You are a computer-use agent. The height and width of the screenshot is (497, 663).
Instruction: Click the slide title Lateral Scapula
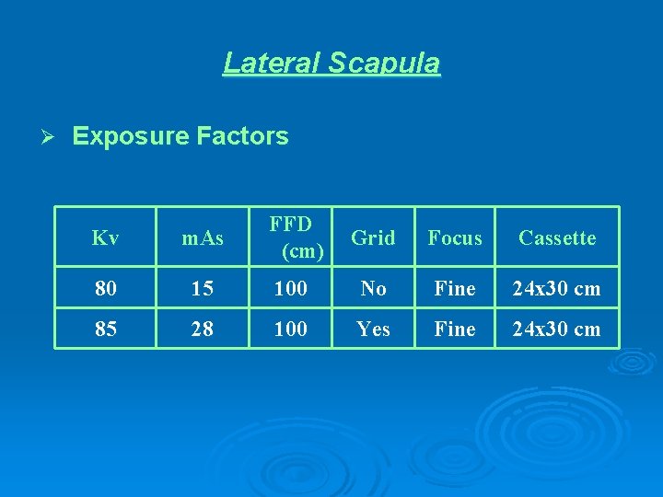(x=331, y=63)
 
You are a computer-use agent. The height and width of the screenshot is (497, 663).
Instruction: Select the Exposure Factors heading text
(x=180, y=136)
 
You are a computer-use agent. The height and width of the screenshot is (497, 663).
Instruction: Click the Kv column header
(x=106, y=237)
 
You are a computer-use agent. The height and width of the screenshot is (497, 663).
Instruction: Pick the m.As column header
(x=202, y=237)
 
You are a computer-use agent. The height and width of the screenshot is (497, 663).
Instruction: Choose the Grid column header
(x=373, y=237)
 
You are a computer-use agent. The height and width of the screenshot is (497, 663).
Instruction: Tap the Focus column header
(x=455, y=237)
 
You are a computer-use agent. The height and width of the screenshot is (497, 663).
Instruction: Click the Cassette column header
(x=557, y=237)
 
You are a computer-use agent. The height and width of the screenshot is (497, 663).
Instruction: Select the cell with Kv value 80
(x=106, y=288)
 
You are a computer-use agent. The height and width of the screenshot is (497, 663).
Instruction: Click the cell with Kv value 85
(x=106, y=329)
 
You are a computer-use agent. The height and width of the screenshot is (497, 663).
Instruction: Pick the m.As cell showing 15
(x=202, y=288)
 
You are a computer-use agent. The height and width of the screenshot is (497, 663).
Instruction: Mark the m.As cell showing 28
(x=202, y=329)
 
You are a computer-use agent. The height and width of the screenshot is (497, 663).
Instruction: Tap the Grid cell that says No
(x=373, y=288)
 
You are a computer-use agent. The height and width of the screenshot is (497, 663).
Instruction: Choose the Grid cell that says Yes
(x=373, y=329)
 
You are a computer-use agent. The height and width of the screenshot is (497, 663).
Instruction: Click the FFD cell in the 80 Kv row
(x=291, y=288)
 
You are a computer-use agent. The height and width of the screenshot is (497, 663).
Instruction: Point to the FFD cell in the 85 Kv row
(x=291, y=329)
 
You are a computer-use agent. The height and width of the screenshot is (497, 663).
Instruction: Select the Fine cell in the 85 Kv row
(x=455, y=329)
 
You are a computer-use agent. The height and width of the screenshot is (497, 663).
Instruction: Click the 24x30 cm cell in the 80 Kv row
(x=557, y=288)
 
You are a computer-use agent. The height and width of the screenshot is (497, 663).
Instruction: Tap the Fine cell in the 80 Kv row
(x=455, y=288)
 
